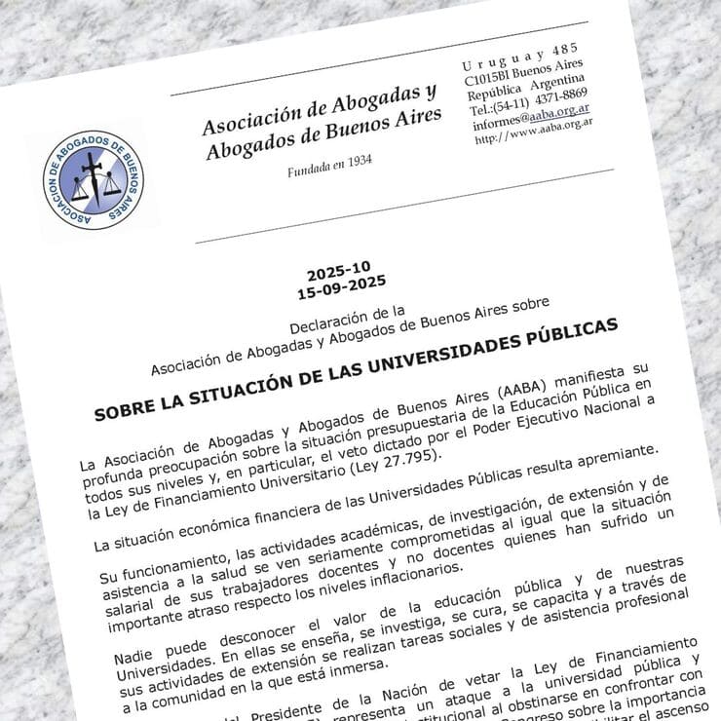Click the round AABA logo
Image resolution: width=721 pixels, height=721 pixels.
tap(94, 180)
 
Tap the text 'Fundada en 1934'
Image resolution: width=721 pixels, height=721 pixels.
tap(329, 167)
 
